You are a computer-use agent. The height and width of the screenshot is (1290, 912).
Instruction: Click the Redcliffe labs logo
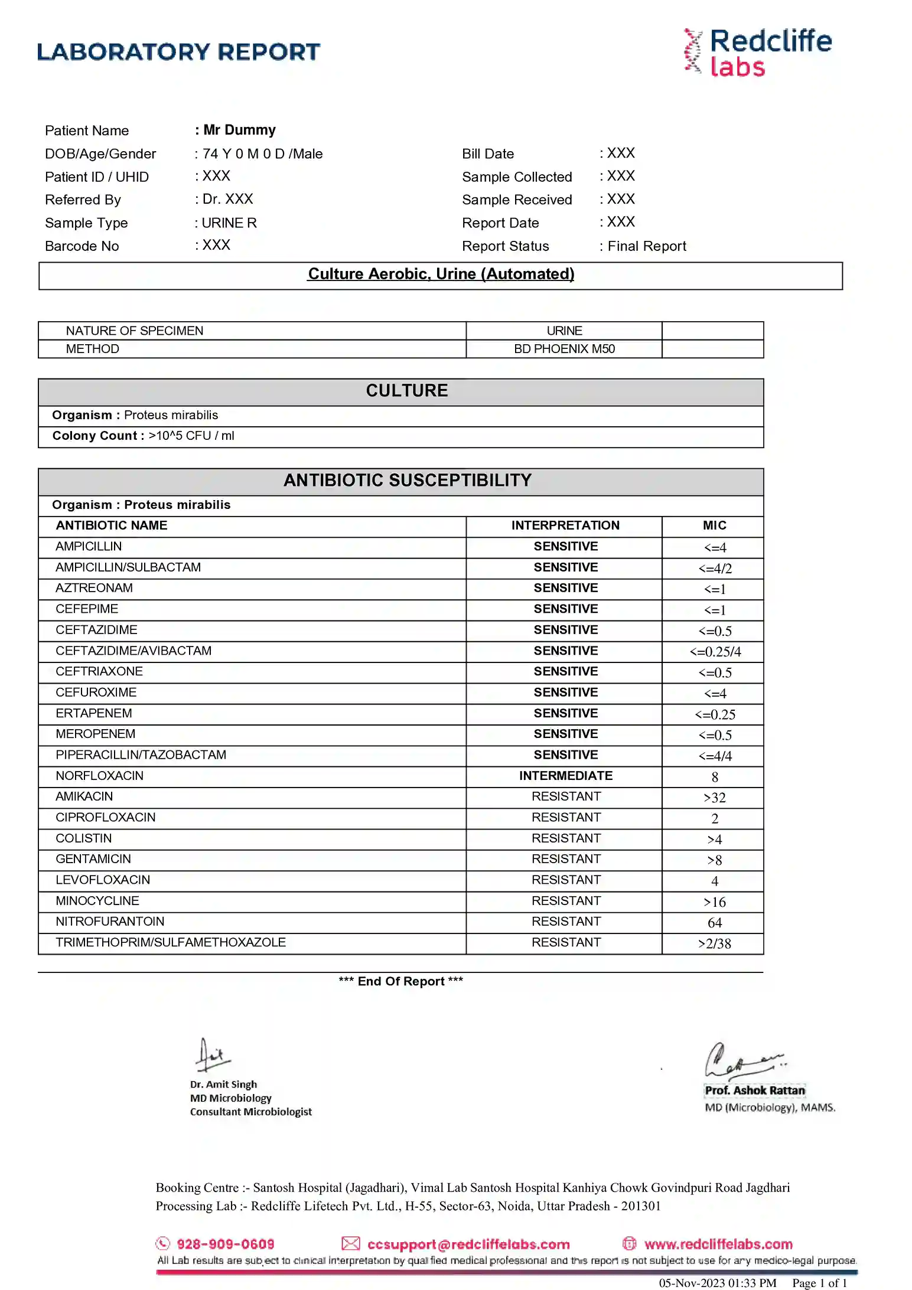[x=758, y=53]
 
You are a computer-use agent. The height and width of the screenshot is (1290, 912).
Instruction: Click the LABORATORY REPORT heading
[x=178, y=52]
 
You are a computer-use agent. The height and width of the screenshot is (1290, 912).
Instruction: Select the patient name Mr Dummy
[x=239, y=130]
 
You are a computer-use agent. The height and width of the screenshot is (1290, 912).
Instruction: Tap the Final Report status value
[x=646, y=246]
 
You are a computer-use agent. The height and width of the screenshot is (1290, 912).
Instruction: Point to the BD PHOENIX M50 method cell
[x=564, y=349]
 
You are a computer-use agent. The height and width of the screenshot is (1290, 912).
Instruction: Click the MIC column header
[x=714, y=525]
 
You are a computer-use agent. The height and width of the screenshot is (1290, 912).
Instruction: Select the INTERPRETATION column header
[x=565, y=525]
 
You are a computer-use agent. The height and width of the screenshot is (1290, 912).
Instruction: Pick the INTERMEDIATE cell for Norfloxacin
[x=565, y=776]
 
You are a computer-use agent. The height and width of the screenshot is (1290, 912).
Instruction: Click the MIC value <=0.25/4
[x=715, y=652]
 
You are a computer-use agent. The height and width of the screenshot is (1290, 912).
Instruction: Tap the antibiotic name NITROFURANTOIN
[x=110, y=922]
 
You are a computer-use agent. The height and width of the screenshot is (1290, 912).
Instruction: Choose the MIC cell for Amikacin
[x=714, y=798]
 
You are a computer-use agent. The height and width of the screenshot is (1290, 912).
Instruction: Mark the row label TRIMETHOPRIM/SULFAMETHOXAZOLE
[x=170, y=942]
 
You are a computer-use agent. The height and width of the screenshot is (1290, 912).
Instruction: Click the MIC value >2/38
[x=714, y=943]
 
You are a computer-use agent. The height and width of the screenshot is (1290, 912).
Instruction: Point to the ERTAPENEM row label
[x=93, y=713]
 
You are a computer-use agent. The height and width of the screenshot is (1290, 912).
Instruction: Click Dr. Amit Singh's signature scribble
[x=211, y=1056]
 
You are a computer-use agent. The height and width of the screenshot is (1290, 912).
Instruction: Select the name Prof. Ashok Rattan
[x=754, y=1090]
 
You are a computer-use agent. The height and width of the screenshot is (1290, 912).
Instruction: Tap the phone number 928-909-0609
[x=225, y=1244]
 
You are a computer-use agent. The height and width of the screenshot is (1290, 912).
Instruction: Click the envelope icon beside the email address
[x=350, y=1243]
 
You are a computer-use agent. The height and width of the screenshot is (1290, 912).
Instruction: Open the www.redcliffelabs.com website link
[x=718, y=1244]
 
